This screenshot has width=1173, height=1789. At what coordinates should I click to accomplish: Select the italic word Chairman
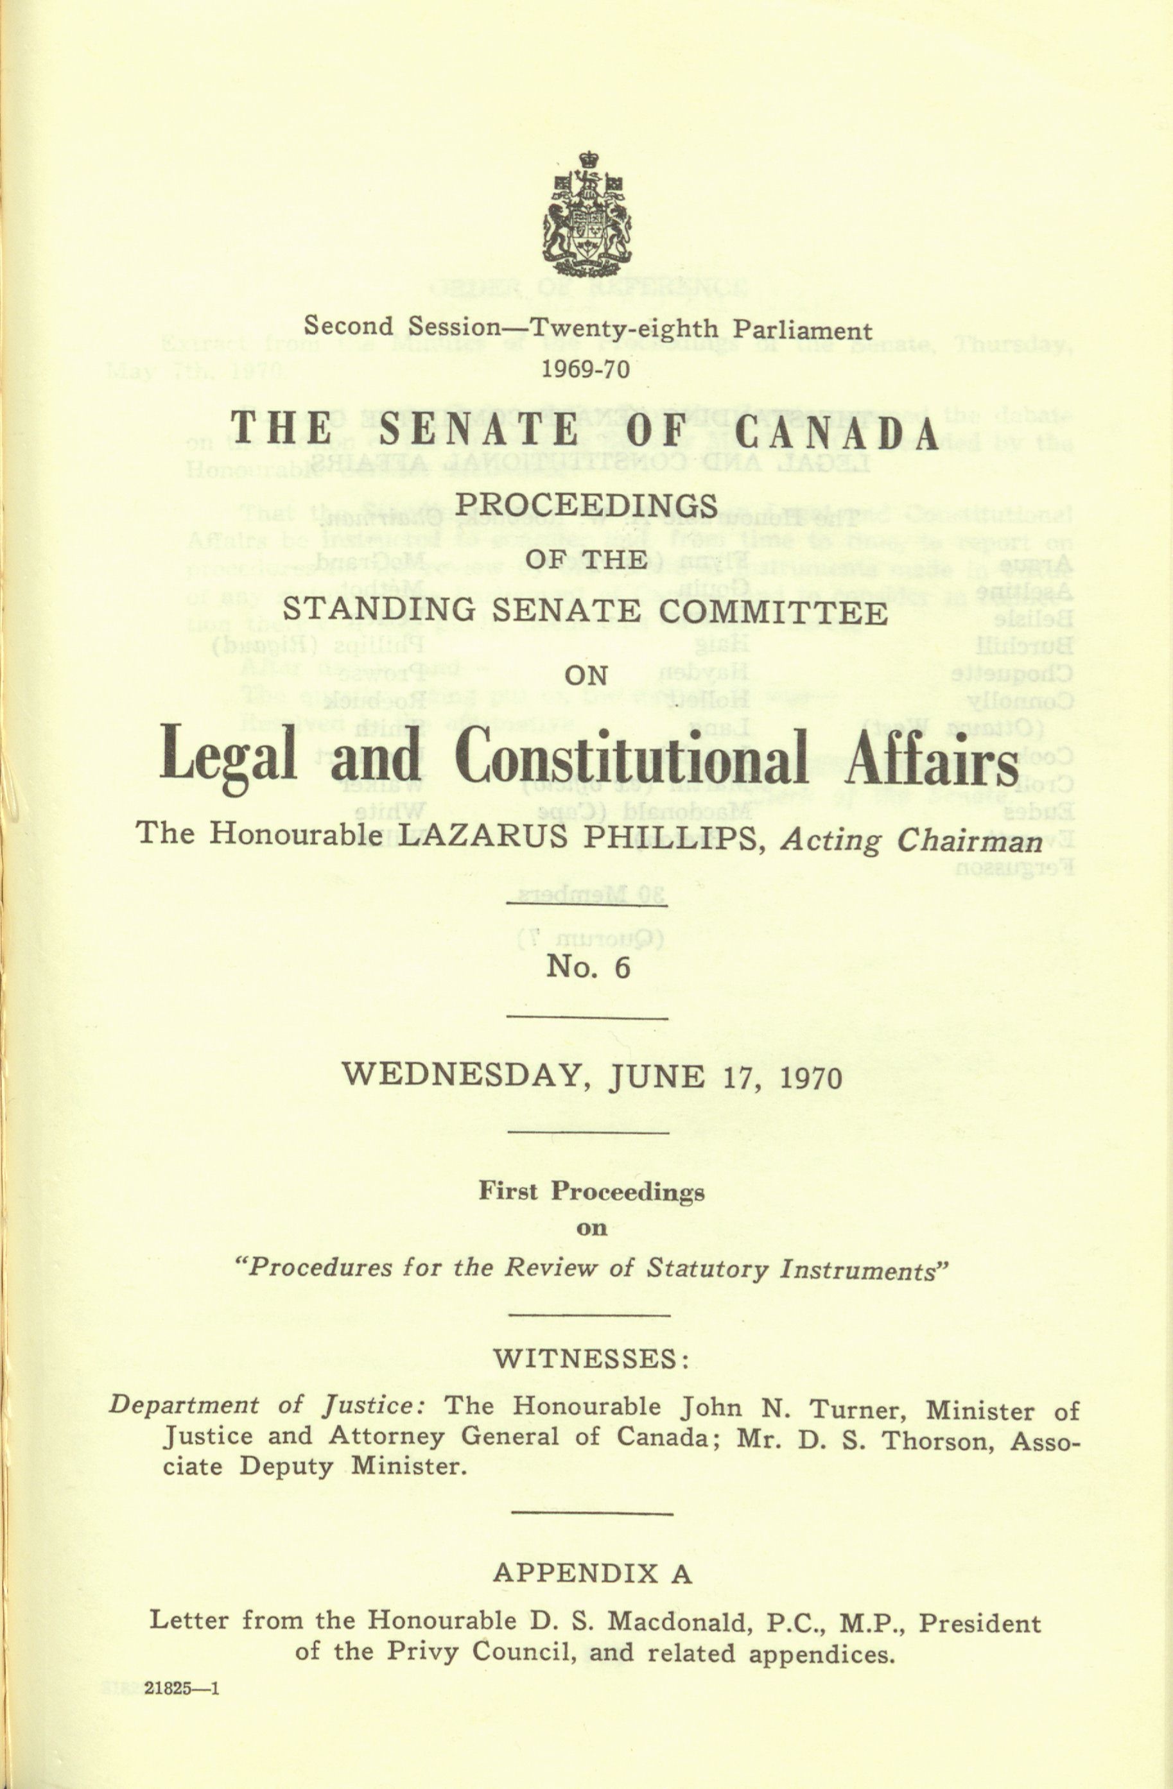pos(970,840)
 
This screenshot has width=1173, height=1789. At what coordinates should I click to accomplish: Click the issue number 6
pos(621,967)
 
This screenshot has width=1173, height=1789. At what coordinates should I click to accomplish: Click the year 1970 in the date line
pos(809,1078)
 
